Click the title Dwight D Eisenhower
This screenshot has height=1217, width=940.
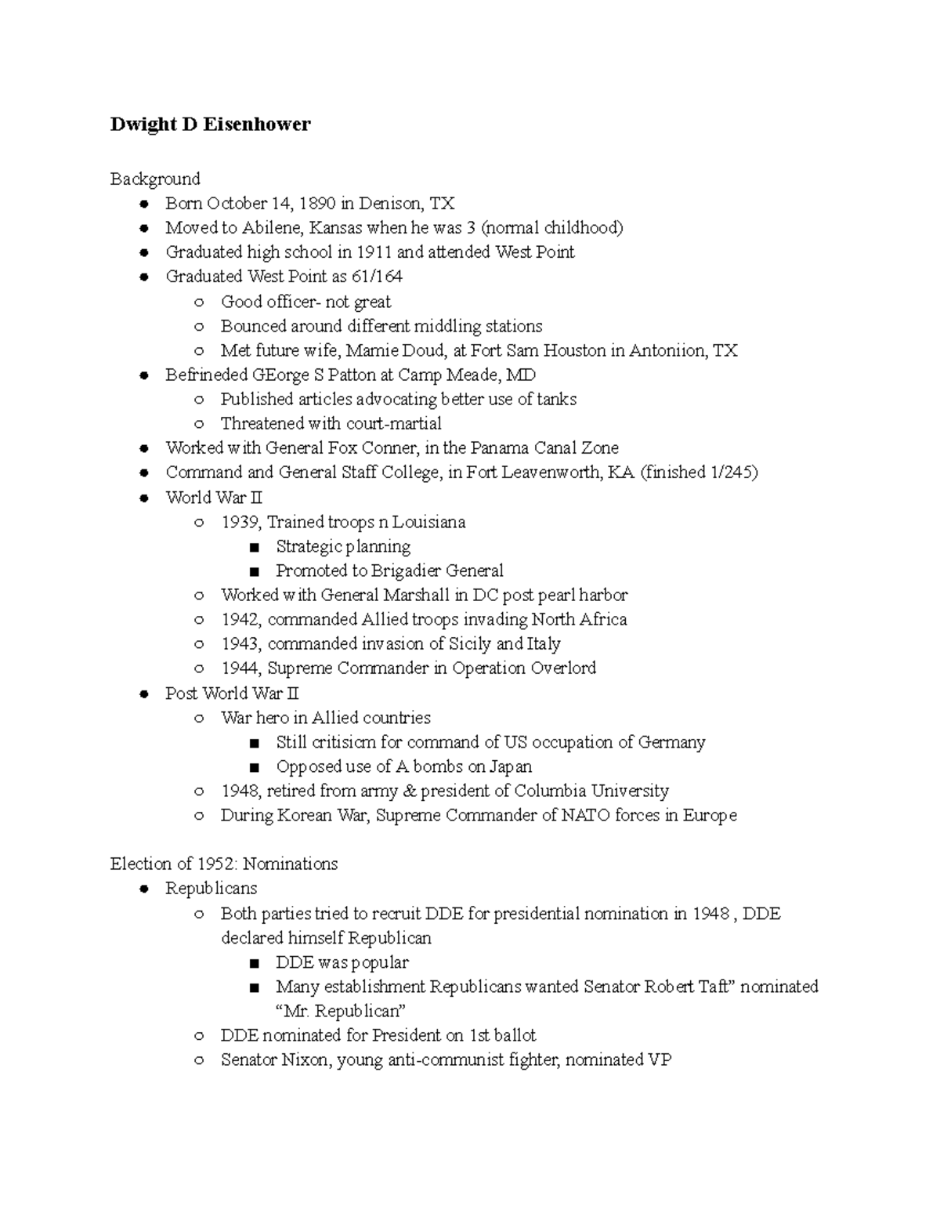point(210,125)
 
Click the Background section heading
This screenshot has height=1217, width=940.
point(155,179)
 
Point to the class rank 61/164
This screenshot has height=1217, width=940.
point(377,277)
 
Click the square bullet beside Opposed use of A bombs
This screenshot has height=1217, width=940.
point(254,767)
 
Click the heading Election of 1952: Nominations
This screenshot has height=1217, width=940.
point(224,864)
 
